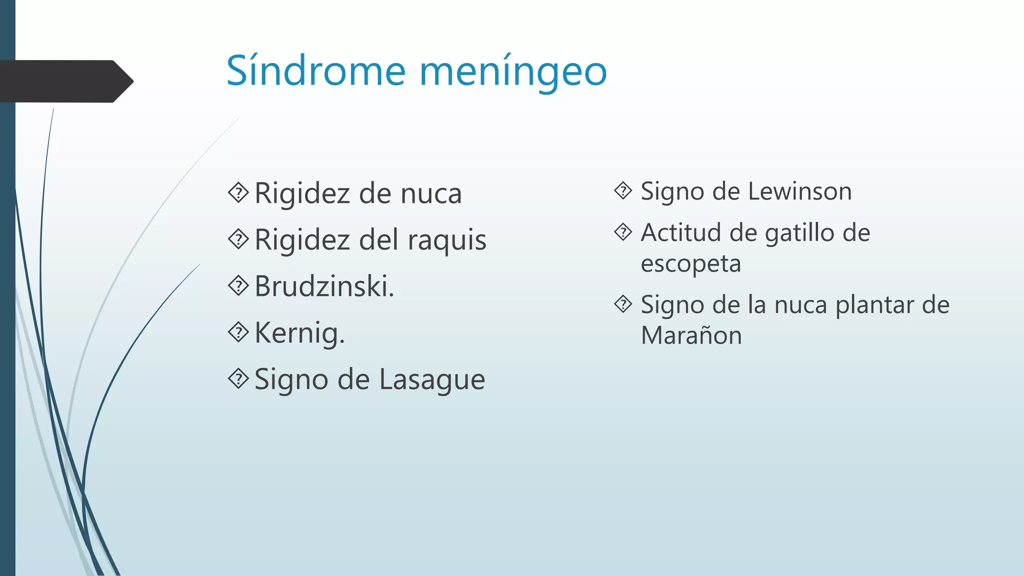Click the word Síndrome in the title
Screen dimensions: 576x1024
coord(315,71)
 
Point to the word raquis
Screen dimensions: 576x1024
coord(447,240)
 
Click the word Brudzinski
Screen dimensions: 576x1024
coord(324,286)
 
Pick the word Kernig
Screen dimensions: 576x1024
coord(299,333)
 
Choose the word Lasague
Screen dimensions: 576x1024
coord(432,379)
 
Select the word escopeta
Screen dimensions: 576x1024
coord(690,263)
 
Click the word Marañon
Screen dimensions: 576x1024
coord(691,335)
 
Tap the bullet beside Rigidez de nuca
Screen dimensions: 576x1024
coord(238,193)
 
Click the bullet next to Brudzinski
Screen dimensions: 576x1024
coord(238,286)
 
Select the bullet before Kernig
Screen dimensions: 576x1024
coord(238,332)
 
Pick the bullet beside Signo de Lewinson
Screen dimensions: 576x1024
coord(623,190)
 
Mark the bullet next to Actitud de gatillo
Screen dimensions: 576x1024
coord(623,232)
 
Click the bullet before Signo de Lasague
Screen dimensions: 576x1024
coord(238,379)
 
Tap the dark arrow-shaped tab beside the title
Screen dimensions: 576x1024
coord(65,81)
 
